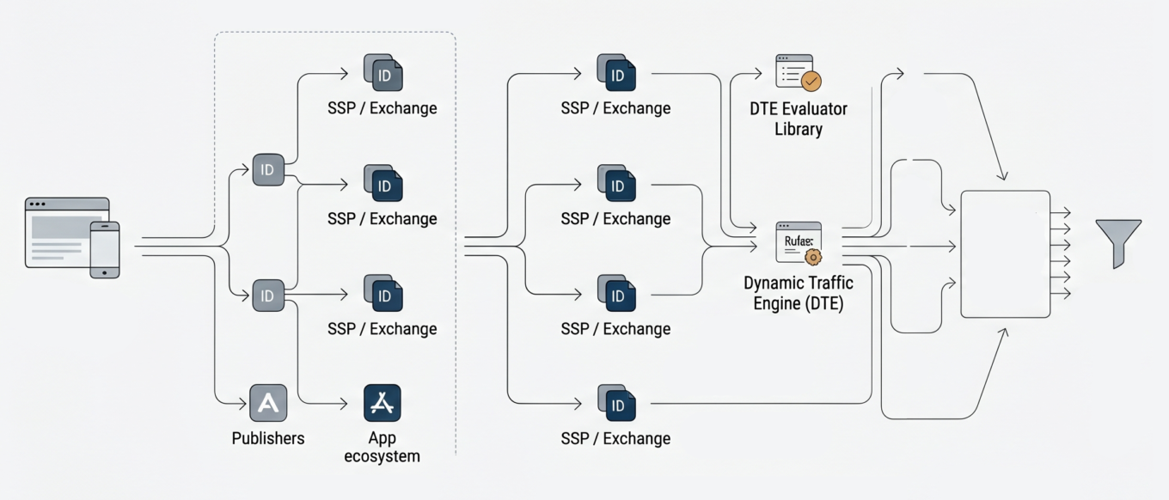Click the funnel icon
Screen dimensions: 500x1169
(x=1118, y=241)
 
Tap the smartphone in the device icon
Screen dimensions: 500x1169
(x=105, y=249)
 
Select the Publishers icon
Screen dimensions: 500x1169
(x=268, y=402)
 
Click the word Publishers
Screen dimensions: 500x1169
(x=268, y=438)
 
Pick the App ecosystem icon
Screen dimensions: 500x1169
(x=383, y=402)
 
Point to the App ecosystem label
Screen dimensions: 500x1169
(x=383, y=447)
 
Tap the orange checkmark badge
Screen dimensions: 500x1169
(x=811, y=81)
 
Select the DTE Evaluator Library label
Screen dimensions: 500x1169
(x=798, y=119)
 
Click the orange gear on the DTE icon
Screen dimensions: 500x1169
(x=811, y=255)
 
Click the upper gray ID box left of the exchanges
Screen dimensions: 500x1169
(x=267, y=170)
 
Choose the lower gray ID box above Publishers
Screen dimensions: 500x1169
(x=267, y=296)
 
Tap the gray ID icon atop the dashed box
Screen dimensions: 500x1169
(x=383, y=73)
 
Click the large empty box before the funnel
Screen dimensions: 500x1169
(x=1005, y=253)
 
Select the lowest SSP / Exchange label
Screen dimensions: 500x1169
(x=615, y=438)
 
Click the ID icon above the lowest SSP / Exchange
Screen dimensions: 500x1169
(x=616, y=403)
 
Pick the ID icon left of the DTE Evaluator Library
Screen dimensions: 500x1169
(x=616, y=73)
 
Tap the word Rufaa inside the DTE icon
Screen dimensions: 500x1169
(x=798, y=241)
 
